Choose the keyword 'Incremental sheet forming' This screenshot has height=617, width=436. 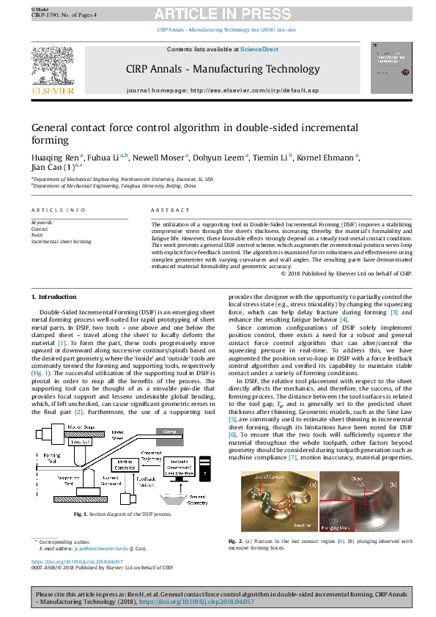(61, 241)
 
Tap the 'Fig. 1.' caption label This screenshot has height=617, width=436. (83, 515)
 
